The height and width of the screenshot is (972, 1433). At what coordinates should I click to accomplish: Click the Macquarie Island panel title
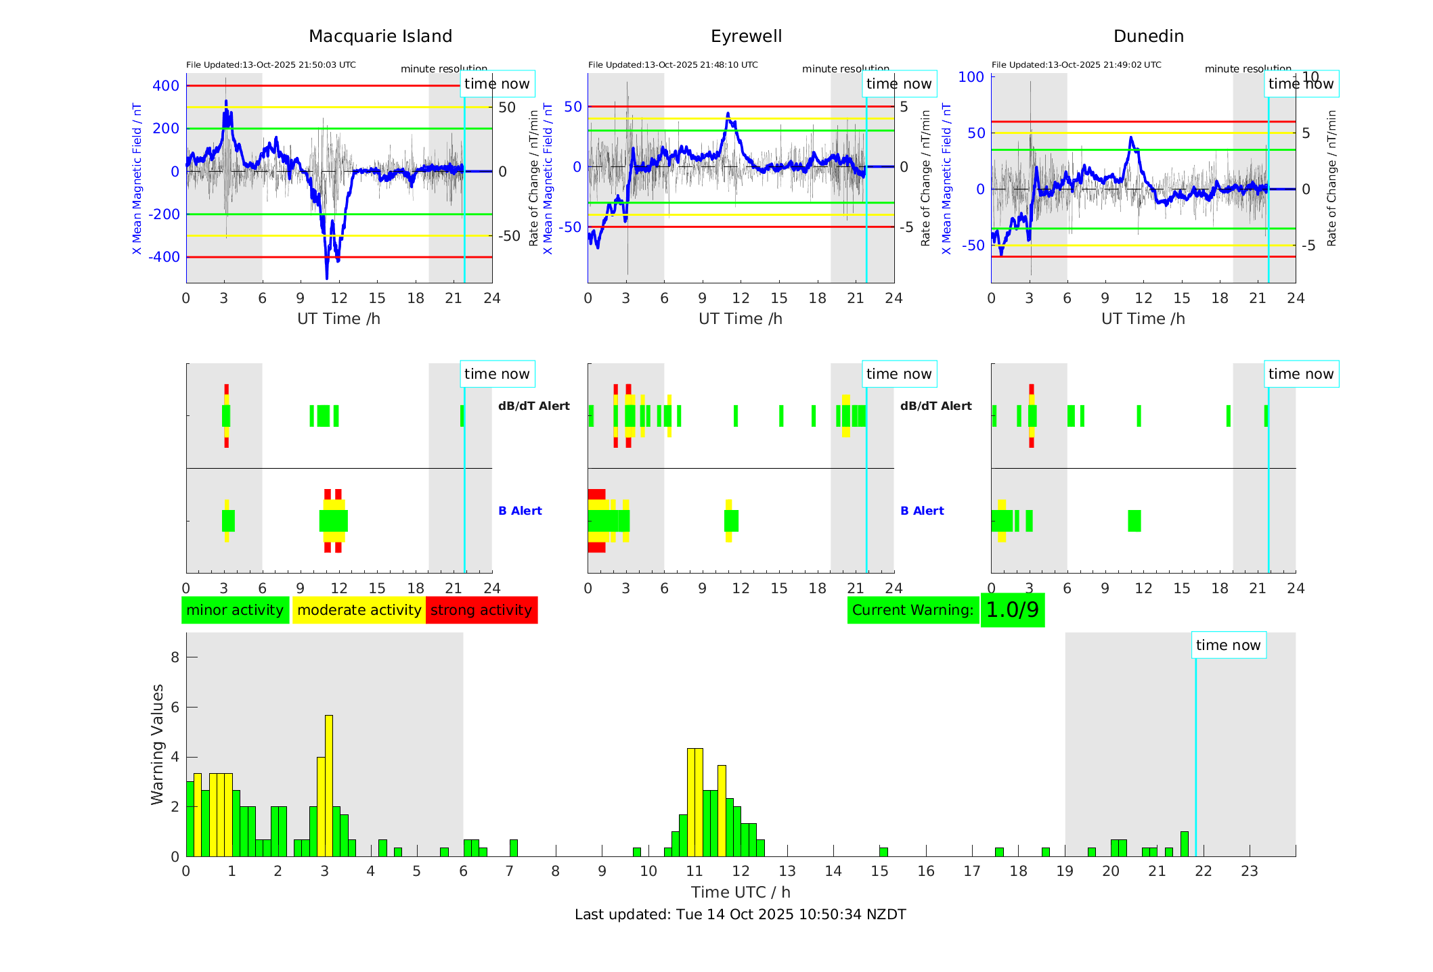point(380,37)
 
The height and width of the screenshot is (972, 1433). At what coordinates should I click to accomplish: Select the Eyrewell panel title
point(746,37)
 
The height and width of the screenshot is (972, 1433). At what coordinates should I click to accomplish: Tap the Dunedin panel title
point(1148,37)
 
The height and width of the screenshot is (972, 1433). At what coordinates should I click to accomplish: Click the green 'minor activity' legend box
point(235,610)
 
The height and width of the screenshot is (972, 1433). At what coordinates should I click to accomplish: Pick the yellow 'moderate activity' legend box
point(359,610)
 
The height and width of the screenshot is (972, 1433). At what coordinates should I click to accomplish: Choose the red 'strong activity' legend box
point(481,610)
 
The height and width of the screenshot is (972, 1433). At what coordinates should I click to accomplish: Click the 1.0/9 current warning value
point(1012,610)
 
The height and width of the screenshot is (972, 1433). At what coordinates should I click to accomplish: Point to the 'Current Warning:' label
point(912,610)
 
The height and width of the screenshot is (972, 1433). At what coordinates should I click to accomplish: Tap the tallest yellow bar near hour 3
point(329,785)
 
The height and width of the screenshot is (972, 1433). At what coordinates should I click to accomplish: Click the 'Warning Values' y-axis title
point(158,744)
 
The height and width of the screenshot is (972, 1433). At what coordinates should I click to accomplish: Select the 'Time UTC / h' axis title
point(741,892)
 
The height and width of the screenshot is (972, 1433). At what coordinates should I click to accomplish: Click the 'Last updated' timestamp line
point(740,915)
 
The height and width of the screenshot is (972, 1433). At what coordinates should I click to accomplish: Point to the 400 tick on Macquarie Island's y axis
point(166,86)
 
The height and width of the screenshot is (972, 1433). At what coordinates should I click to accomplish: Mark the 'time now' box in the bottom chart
point(1228,645)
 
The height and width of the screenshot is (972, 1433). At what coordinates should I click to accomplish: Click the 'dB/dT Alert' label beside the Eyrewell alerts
point(935,406)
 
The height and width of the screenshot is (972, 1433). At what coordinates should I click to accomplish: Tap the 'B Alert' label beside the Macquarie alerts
point(520,511)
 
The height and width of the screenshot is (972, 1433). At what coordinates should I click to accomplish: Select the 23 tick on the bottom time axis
point(1249,871)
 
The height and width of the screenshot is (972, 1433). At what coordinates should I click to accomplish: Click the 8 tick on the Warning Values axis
point(175,657)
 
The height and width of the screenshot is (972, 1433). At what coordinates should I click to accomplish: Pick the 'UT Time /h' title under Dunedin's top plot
point(1143,319)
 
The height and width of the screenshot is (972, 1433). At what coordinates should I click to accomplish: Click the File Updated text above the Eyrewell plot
point(673,65)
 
